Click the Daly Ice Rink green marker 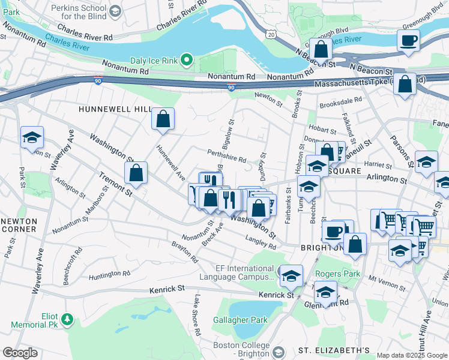(187, 59)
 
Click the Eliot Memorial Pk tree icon (68, 317)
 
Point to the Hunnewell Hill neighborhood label (115, 109)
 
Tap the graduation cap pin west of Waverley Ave (32, 137)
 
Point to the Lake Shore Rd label (197, 315)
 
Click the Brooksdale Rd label (342, 100)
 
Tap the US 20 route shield (271, 35)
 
